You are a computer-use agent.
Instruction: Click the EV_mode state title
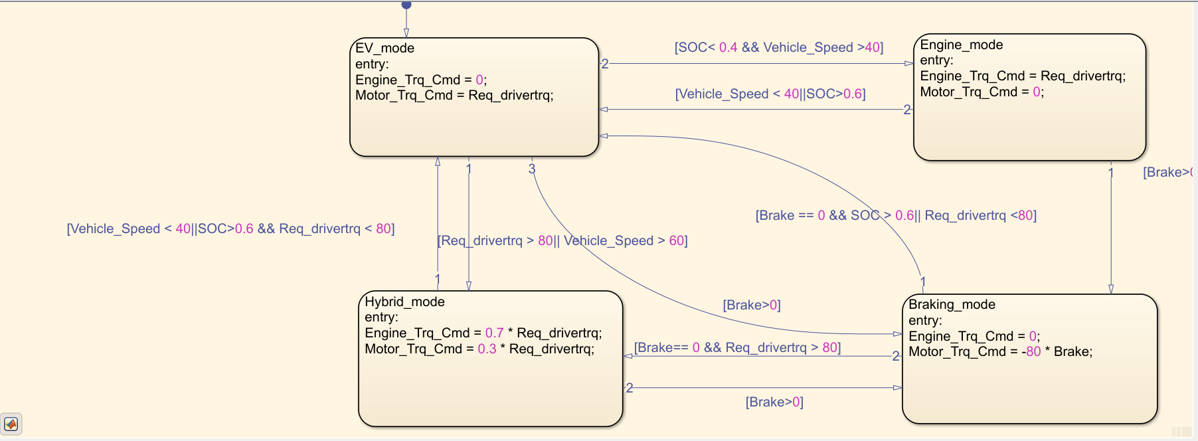[x=385, y=48]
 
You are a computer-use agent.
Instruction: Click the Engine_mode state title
[x=961, y=44]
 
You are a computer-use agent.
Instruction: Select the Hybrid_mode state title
[x=404, y=302]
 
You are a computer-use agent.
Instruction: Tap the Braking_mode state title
[x=952, y=304]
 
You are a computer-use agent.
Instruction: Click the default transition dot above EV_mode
[x=406, y=5]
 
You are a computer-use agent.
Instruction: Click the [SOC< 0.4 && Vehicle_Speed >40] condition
[x=778, y=47]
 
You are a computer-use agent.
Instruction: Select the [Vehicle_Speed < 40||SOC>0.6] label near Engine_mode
[x=770, y=94]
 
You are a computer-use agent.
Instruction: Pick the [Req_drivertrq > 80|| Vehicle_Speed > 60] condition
[x=562, y=240]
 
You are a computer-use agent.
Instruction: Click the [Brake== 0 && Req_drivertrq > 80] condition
[x=737, y=347]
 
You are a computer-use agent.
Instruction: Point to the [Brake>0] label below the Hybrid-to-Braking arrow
[x=774, y=402]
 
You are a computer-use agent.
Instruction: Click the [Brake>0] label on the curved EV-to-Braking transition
[x=751, y=305]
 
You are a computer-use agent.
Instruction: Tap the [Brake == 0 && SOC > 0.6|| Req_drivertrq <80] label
[x=895, y=215]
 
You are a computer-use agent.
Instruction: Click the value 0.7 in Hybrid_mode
[x=494, y=333]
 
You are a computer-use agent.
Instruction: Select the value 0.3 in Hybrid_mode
[x=487, y=349]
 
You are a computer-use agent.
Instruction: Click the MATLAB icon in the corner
[x=11, y=424]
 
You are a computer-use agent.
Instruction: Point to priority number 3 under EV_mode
[x=531, y=169]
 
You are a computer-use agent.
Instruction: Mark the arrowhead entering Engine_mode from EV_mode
[x=909, y=64]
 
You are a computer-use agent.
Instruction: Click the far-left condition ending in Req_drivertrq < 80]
[x=230, y=228]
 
